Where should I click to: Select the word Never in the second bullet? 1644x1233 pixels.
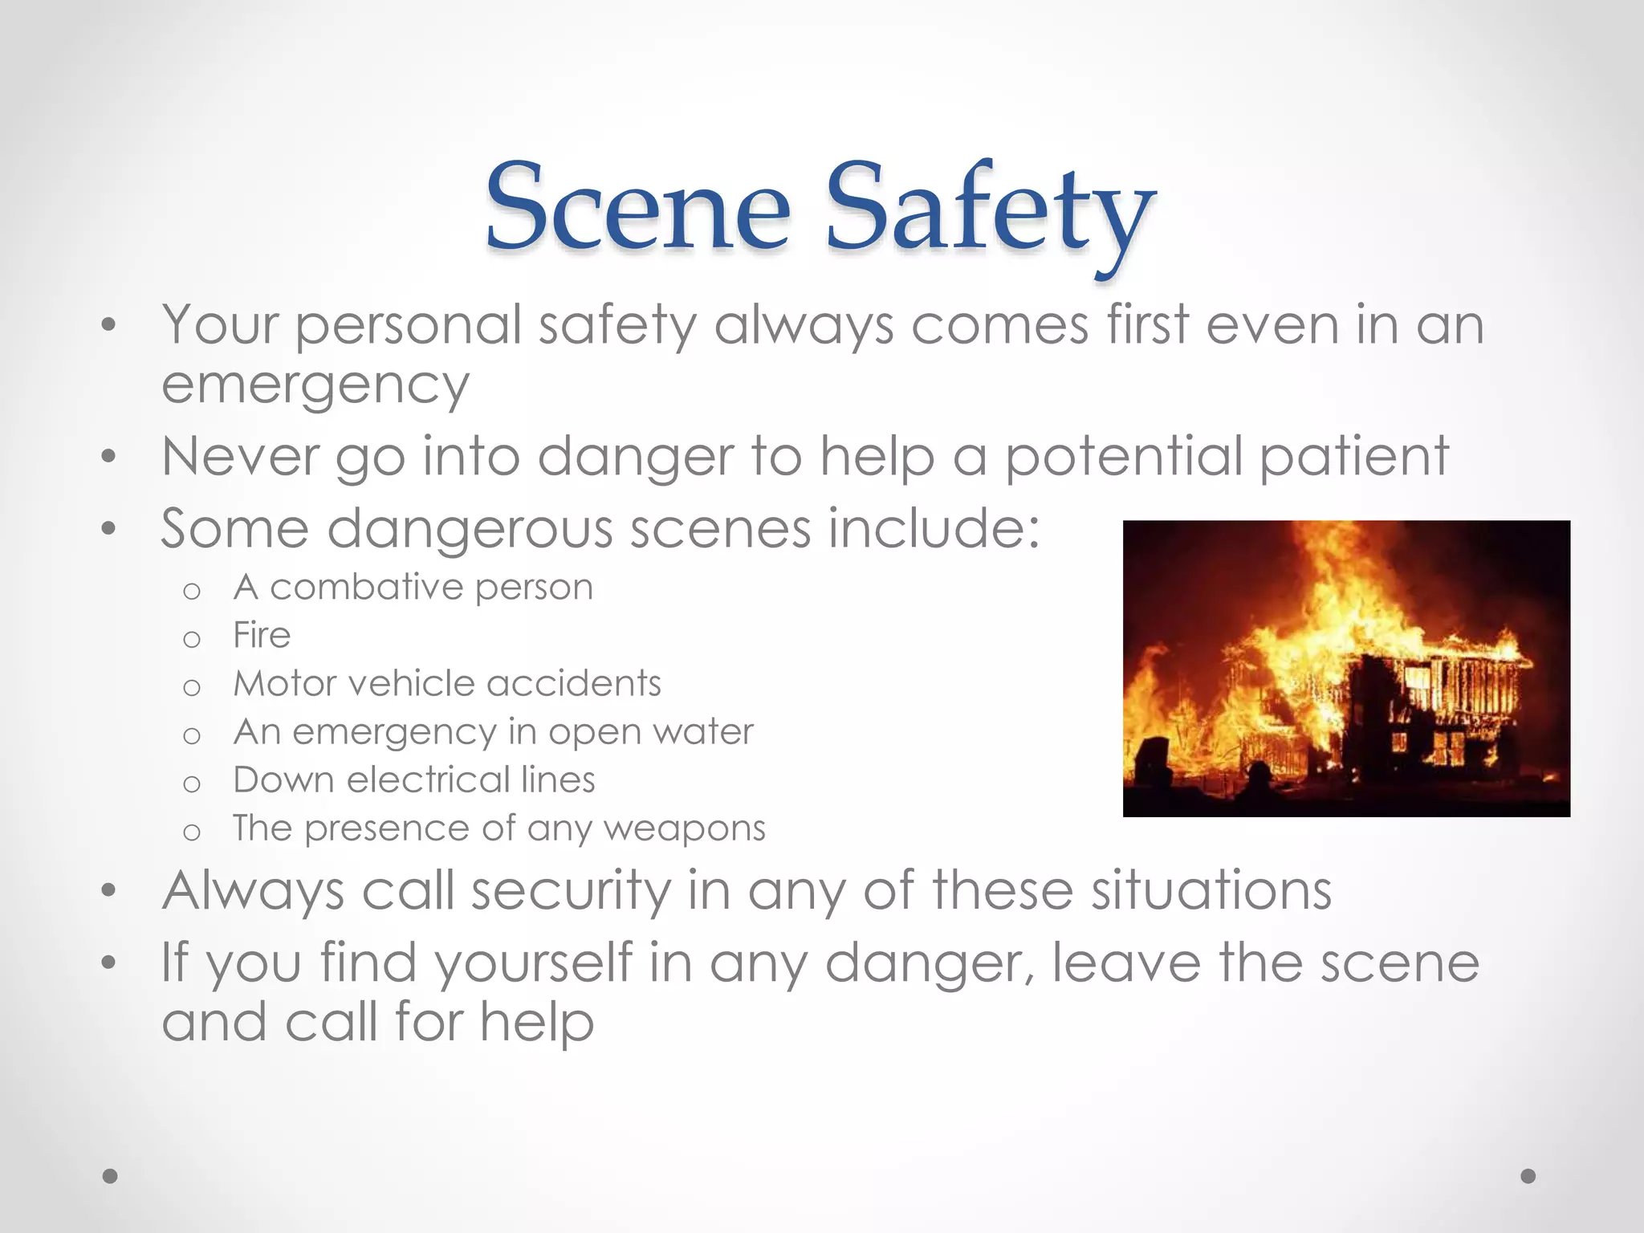240,456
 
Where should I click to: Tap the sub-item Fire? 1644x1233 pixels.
261,635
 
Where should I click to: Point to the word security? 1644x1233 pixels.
569,892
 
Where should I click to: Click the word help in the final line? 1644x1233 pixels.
537,1023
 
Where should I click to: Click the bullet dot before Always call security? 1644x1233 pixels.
109,891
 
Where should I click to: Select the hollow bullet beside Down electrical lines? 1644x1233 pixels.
191,783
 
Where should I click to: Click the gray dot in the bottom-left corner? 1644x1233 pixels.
110,1176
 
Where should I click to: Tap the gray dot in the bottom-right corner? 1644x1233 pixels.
1528,1176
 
